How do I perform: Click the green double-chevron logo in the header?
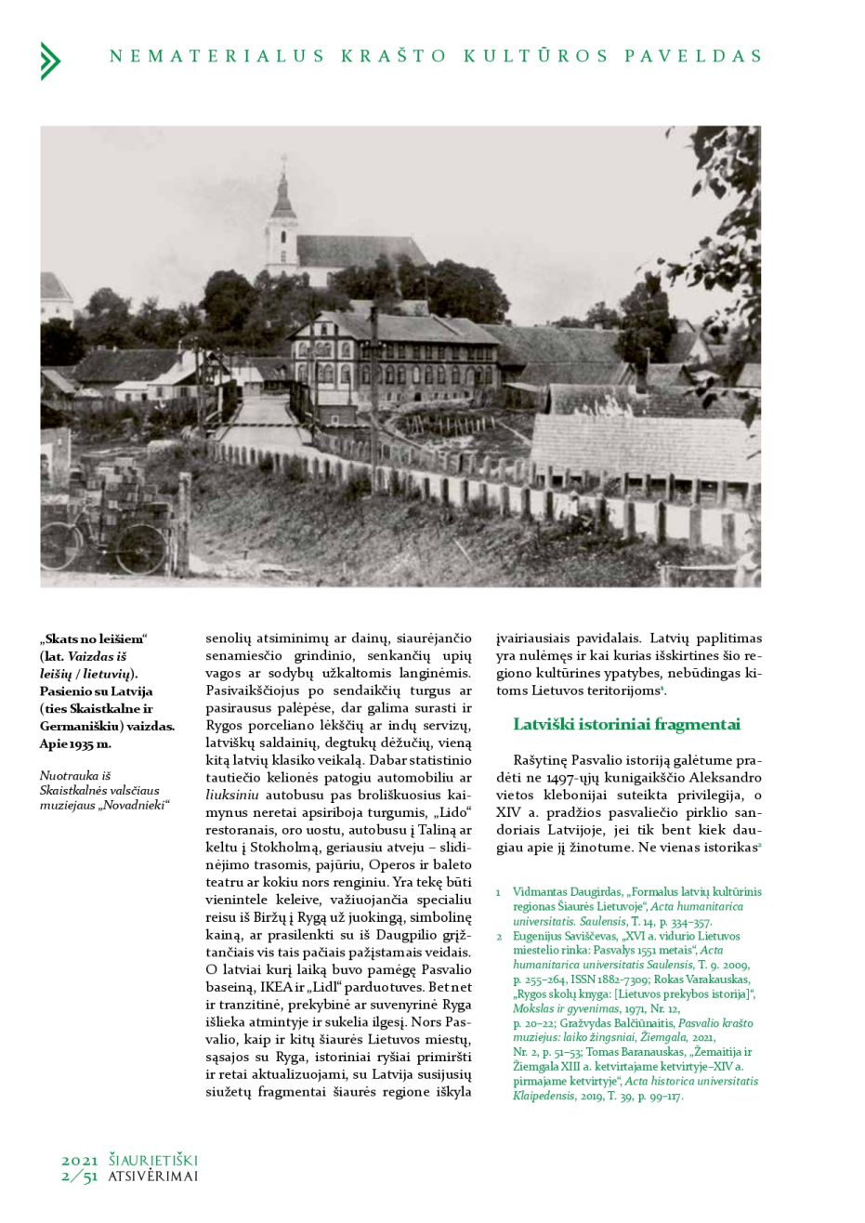50,60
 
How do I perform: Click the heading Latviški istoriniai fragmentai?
626,725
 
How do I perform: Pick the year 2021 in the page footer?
80,1161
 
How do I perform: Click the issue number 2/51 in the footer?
80,1177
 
